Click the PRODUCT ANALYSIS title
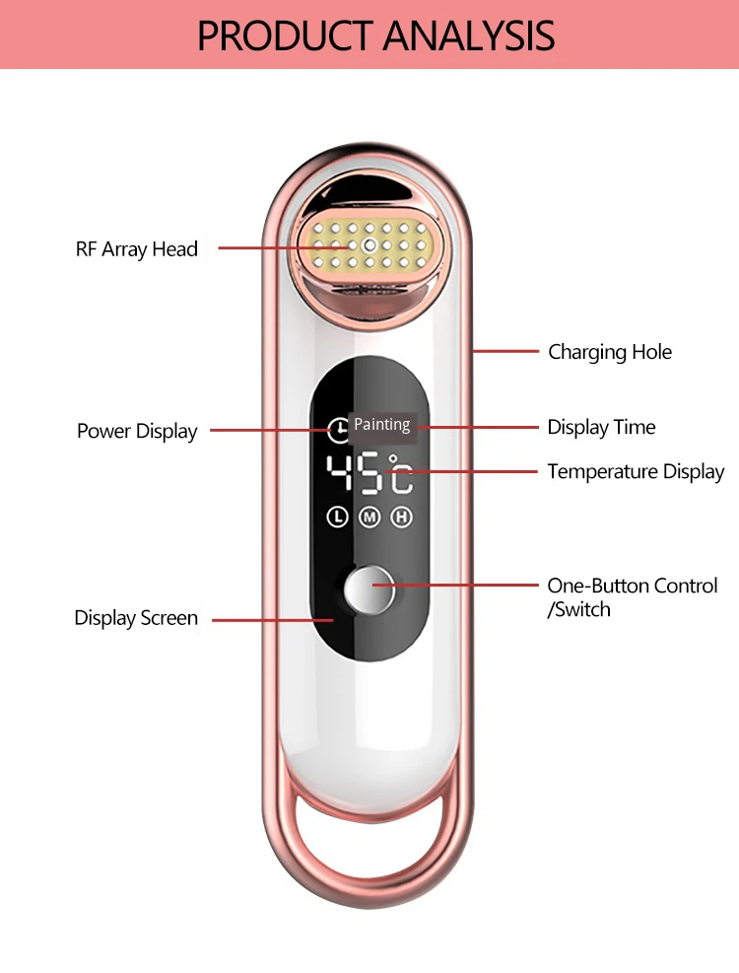point(375,35)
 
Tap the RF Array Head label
point(137,249)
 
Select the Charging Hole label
point(610,352)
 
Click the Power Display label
point(137,432)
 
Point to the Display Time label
point(601,427)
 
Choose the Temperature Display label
point(636,472)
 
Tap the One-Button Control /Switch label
point(633,597)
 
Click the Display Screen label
point(136,619)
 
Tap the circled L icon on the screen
point(338,517)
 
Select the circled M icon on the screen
point(369,517)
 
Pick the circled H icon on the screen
point(401,517)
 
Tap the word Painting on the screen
point(382,425)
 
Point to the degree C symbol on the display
point(400,473)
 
